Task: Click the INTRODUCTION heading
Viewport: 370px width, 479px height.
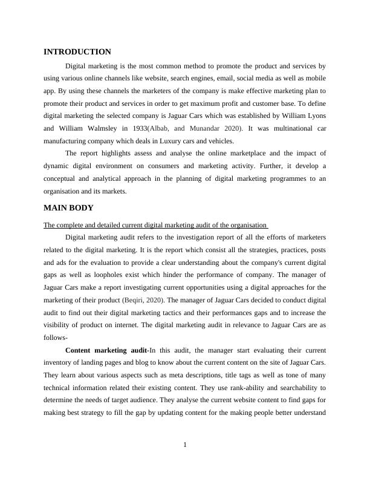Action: point(77,52)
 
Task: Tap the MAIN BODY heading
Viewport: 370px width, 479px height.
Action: point(69,207)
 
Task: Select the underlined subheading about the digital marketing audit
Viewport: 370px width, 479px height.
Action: point(156,226)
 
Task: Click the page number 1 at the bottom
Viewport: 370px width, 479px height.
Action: point(185,445)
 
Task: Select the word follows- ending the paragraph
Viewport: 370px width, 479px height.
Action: point(55,337)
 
